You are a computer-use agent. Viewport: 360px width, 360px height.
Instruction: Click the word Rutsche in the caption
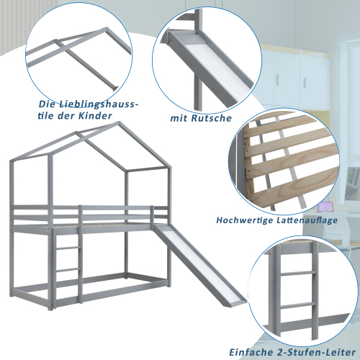(x=212, y=118)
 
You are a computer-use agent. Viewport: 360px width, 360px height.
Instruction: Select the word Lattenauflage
(x=307, y=220)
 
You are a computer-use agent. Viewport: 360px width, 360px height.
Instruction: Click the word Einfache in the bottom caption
(x=251, y=352)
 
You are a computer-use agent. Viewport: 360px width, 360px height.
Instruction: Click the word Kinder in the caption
(x=95, y=116)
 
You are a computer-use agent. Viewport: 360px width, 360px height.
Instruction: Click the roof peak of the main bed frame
(x=120, y=122)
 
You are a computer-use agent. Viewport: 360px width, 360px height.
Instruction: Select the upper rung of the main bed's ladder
(x=68, y=248)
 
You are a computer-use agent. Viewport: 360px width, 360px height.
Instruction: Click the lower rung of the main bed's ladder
(x=68, y=270)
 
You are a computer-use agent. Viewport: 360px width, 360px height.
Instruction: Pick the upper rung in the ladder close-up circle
(x=297, y=273)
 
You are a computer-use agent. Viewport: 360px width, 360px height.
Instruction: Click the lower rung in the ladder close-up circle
(x=297, y=306)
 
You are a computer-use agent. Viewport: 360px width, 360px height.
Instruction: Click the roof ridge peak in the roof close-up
(x=105, y=29)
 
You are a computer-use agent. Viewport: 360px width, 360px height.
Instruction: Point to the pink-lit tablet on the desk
(x=325, y=207)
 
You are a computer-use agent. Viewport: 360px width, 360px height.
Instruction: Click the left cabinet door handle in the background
(x=278, y=80)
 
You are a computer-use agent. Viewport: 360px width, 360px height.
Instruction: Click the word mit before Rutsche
(x=179, y=118)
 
